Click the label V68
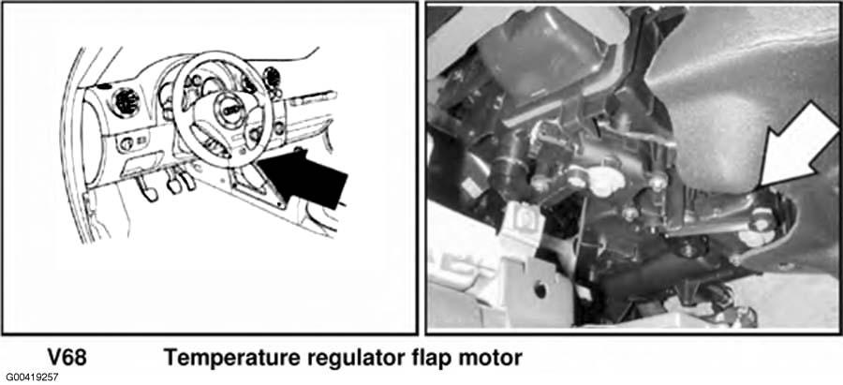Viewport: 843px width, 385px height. coord(67,357)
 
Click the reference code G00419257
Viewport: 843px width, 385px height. coord(32,377)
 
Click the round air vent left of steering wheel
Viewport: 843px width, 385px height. coord(126,101)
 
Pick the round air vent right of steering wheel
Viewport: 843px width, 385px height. coord(272,78)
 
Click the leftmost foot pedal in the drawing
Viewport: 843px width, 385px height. coord(146,188)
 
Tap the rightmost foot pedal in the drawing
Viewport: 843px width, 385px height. coord(186,180)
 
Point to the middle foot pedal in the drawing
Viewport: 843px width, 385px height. coord(174,185)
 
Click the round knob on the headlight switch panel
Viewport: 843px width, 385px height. coord(126,143)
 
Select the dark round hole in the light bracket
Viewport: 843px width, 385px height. coord(540,290)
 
